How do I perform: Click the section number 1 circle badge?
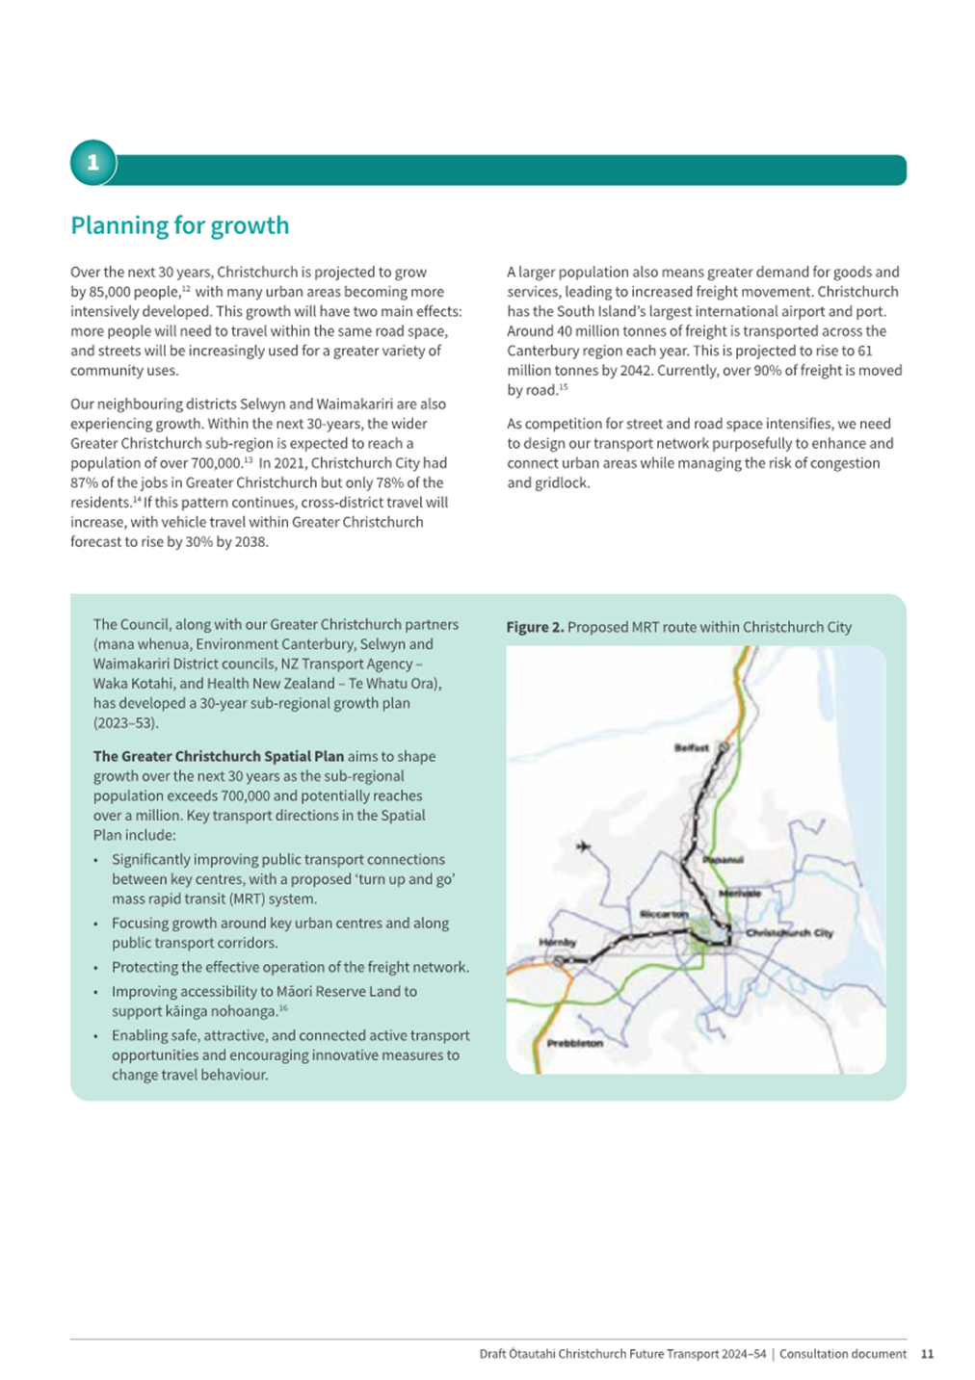[92, 163]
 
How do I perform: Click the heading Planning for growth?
[179, 225]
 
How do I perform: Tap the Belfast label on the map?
[691, 747]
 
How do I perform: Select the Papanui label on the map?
[723, 859]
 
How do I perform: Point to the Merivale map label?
[740, 894]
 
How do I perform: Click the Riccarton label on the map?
[664, 914]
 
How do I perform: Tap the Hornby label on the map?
[557, 942]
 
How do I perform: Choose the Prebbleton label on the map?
[574, 1043]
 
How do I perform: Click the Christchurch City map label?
[789, 933]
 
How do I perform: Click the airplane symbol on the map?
[583, 846]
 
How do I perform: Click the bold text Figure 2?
[535, 627]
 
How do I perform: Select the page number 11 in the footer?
[927, 1354]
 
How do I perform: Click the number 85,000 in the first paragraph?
[133, 292]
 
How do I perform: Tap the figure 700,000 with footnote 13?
[213, 463]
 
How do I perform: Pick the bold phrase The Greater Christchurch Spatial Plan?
[218, 757]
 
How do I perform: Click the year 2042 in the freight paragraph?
[636, 371]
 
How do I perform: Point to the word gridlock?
[562, 482]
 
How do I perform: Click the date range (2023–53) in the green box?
[125, 722]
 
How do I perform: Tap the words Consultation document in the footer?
[842, 1354]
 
